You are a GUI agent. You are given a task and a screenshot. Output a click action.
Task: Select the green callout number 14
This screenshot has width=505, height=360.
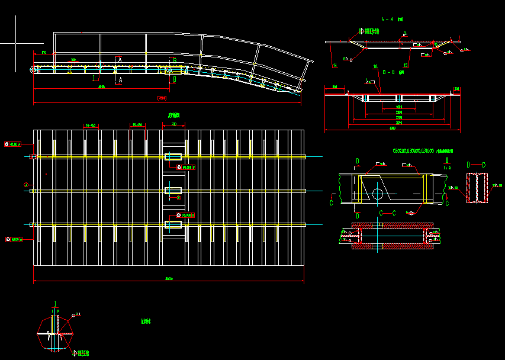335,65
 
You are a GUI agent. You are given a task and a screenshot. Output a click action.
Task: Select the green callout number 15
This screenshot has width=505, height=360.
406,65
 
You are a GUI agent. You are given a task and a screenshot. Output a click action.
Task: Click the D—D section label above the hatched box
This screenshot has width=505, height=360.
476,165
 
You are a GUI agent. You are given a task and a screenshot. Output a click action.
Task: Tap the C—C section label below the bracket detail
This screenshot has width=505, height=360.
387,212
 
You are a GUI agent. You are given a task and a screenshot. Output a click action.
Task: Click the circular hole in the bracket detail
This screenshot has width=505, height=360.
377,193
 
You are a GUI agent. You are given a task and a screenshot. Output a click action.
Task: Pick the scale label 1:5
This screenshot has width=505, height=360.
448,167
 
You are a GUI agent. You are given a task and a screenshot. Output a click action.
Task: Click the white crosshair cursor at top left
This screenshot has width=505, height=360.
15,43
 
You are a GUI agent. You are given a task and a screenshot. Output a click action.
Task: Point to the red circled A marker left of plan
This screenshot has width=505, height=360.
26,185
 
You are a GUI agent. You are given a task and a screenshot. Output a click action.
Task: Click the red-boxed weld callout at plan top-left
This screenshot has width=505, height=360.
12,144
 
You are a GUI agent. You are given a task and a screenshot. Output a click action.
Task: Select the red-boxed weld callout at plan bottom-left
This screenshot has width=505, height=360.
13,239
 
